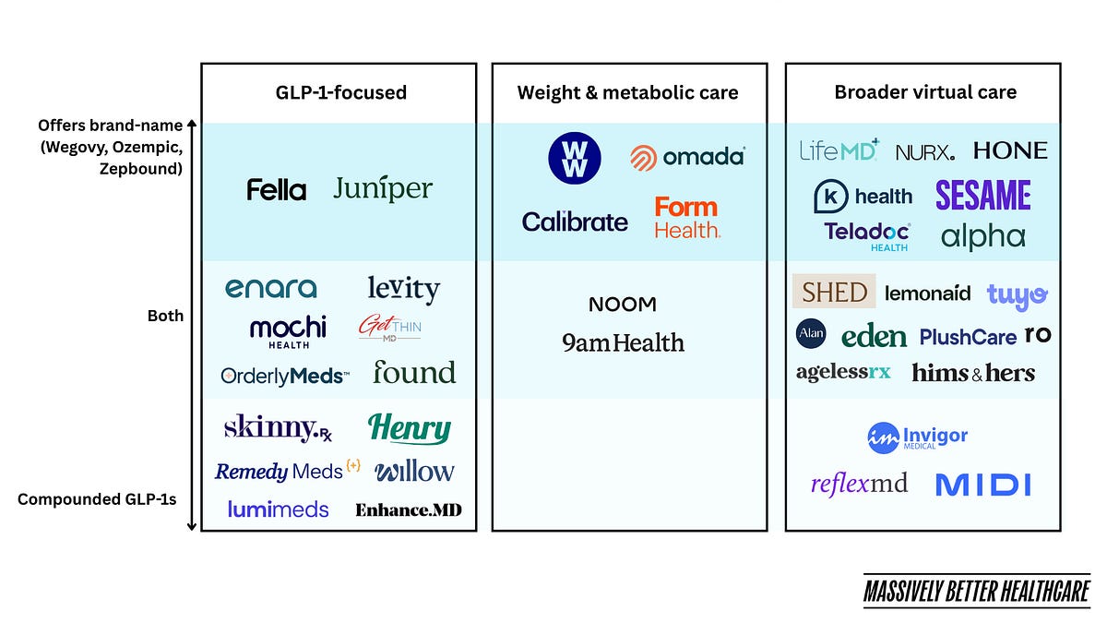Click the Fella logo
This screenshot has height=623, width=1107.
pos(276,190)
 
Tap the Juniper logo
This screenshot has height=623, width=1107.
pos(383,188)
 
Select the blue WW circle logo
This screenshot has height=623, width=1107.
pos(574,158)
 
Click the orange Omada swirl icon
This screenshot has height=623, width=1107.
pos(644,158)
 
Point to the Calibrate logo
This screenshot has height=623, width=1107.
pos(575,222)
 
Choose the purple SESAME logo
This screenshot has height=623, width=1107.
pos(983,196)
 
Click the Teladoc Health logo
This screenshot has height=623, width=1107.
pos(867,237)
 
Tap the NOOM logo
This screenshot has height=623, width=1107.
pos(623,305)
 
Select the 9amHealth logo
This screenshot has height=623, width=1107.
pos(623,342)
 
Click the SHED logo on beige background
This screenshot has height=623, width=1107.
pos(834,292)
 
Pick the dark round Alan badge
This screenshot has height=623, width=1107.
pos(811,334)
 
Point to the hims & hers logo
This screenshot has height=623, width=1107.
pos(973,373)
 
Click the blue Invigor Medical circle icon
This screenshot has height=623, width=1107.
pos(883,438)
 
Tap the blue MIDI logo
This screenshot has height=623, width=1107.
pos(983,485)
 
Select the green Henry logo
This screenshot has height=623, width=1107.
pos(410,428)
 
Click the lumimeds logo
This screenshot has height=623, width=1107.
pos(279,509)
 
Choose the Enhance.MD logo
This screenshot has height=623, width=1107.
pos(409,510)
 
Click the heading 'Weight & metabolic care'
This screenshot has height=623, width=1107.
pos(628,92)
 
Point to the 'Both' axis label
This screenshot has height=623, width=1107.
pos(165,316)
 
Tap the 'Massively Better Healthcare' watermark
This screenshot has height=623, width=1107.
pos(977,591)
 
